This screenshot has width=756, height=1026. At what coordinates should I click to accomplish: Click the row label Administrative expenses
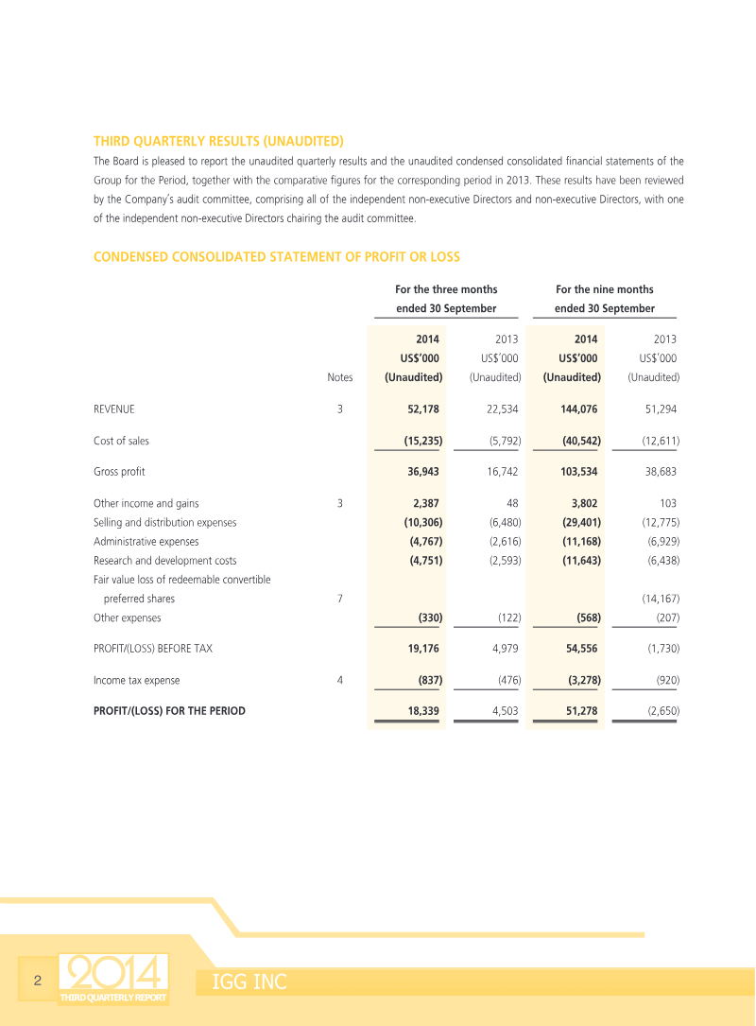tap(146, 542)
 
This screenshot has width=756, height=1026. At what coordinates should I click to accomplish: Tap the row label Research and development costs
tap(165, 561)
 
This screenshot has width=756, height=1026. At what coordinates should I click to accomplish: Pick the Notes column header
tap(340, 377)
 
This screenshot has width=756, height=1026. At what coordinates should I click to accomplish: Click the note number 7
tap(339, 599)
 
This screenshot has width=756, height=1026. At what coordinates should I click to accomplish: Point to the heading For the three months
tap(446, 289)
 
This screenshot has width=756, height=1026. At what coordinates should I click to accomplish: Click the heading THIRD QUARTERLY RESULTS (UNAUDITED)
tap(218, 141)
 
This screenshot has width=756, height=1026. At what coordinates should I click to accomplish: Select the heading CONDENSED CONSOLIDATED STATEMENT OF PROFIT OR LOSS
tap(277, 257)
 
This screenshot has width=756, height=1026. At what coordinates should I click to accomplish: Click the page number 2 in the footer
tap(37, 980)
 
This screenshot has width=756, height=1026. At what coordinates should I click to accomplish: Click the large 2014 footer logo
tap(113, 973)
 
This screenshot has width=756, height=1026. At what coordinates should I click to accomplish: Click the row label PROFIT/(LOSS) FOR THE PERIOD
tap(169, 710)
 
